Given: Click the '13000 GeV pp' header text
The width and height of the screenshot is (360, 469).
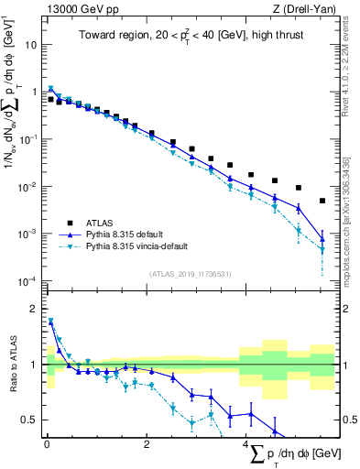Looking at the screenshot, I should [x=81, y=9].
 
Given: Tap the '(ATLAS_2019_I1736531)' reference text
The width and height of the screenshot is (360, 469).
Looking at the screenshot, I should [x=191, y=273].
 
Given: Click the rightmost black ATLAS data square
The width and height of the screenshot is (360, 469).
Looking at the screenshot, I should [x=322, y=201].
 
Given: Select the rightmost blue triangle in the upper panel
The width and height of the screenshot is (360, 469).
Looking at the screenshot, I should [x=322, y=240].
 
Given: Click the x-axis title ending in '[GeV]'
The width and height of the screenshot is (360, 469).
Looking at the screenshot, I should [x=293, y=455].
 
